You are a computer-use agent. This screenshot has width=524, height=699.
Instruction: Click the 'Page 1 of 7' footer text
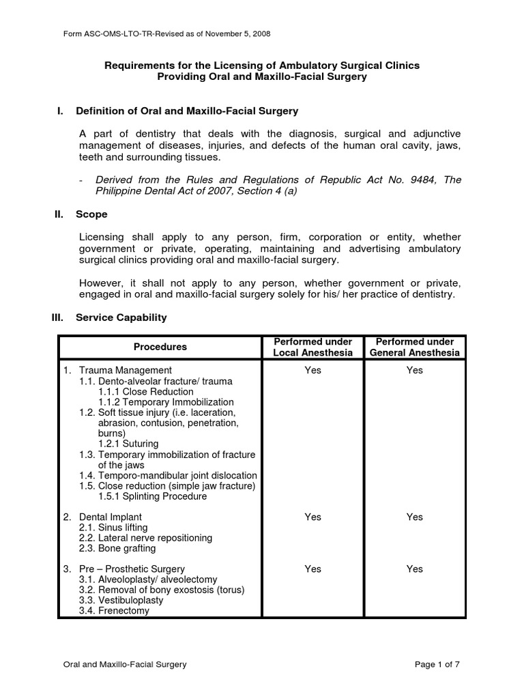point(437,664)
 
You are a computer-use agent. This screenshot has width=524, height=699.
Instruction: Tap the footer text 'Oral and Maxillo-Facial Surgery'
point(125,664)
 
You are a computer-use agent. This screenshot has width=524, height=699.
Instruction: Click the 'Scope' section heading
point(91,214)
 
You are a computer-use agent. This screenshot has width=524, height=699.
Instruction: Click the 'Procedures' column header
point(160,347)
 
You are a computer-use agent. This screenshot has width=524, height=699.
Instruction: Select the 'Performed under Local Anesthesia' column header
point(312,347)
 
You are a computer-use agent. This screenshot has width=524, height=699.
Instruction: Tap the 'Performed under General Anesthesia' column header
point(415,347)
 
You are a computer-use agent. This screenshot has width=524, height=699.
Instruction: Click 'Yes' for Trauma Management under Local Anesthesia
point(312,370)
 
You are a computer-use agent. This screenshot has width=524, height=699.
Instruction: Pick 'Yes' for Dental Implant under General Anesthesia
point(415,517)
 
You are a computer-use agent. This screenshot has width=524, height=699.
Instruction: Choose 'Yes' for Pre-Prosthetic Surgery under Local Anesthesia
point(312,569)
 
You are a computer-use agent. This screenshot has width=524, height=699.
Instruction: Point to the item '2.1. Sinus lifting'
point(113,528)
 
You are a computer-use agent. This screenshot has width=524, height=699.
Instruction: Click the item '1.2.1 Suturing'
point(130,444)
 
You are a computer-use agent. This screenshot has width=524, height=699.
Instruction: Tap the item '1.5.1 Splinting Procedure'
point(152,496)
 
